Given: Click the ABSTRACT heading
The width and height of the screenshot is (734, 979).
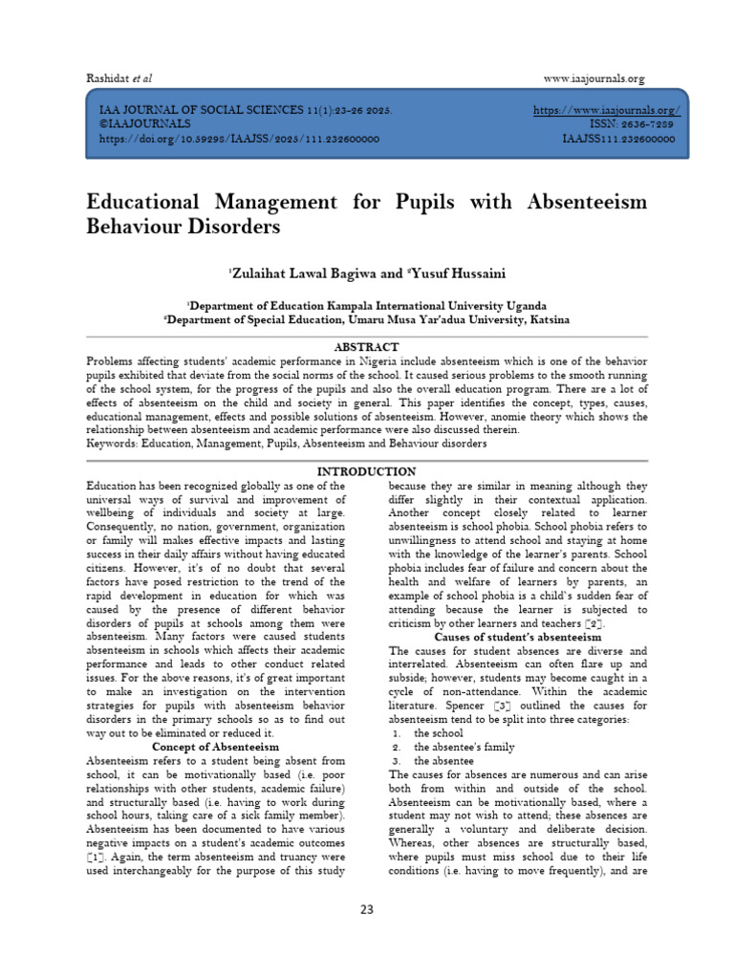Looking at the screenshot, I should coord(366,346).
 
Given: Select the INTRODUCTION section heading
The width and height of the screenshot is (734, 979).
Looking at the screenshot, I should coord(366,471).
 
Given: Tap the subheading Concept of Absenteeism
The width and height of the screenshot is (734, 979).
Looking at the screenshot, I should coord(215,746).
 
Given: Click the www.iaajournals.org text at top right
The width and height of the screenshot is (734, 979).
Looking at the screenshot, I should coord(594,78).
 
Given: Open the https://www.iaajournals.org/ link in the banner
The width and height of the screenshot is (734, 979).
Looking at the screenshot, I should coord(606,111).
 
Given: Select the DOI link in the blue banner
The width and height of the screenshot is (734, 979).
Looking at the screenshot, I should coord(240,139).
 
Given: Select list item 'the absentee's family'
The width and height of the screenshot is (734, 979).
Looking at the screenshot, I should coord(464,747).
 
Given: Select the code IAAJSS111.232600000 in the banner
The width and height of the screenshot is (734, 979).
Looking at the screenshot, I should coord(619,139).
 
